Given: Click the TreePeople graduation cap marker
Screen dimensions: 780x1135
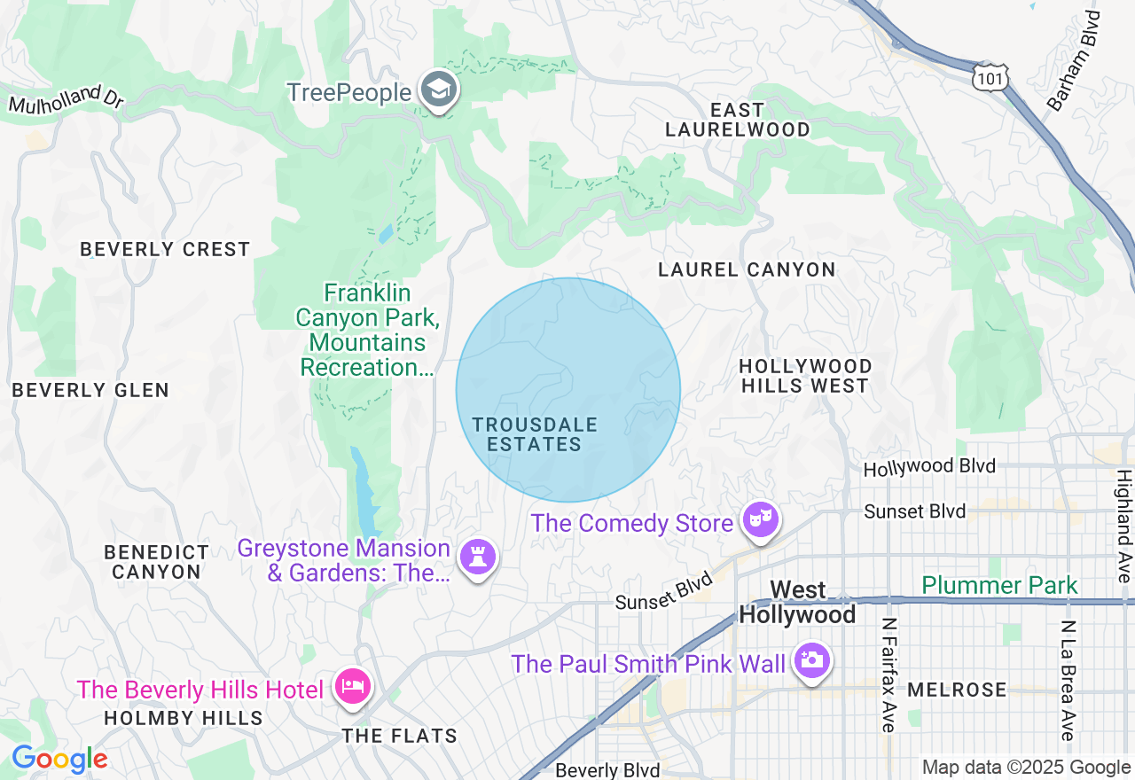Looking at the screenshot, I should click(x=438, y=90).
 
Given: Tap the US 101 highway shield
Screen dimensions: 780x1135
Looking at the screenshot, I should click(x=988, y=77).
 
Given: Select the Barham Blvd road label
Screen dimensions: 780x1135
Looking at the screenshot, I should click(x=1073, y=61).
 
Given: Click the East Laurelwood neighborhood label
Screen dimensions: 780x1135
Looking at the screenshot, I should click(x=738, y=120).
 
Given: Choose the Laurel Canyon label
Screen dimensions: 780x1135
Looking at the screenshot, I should click(x=747, y=269).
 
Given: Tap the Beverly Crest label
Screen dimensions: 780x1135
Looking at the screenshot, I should click(x=165, y=249).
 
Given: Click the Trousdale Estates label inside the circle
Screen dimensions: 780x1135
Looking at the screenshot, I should click(x=535, y=435).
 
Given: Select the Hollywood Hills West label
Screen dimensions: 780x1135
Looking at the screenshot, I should click(x=805, y=376).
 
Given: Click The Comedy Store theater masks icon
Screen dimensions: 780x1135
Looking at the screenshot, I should click(x=761, y=520).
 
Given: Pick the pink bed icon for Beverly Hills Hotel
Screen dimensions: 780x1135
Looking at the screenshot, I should click(x=352, y=687).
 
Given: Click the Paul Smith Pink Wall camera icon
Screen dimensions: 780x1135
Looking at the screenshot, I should click(x=810, y=661).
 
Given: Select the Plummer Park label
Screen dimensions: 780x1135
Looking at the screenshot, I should click(x=999, y=585).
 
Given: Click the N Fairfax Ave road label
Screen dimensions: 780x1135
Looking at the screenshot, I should click(x=889, y=675).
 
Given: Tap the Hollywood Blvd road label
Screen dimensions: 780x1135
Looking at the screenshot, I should click(x=929, y=466).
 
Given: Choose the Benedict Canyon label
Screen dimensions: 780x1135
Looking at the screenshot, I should click(x=156, y=562).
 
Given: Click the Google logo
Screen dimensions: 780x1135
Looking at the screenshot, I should click(x=59, y=759).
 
